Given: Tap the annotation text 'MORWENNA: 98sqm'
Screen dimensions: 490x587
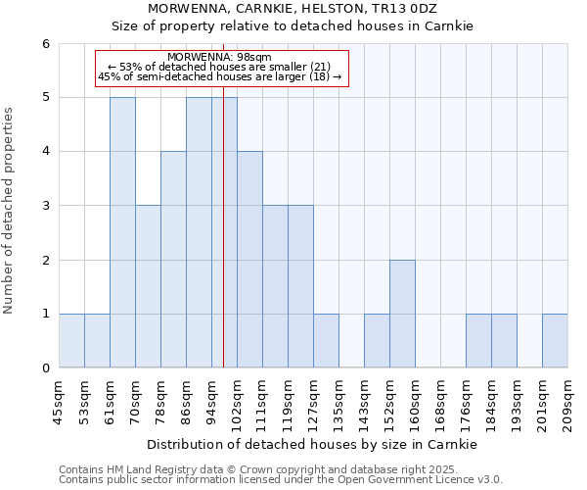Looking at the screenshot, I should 220,58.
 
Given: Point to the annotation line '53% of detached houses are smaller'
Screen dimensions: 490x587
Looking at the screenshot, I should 220,67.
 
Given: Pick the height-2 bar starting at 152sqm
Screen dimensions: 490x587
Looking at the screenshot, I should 402,314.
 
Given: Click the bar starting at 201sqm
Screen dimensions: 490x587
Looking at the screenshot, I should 555,341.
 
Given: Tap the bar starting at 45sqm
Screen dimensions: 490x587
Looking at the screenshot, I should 71,341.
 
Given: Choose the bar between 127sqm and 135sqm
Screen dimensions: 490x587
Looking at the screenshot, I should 326,341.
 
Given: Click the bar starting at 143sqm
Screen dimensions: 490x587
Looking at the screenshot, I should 377,341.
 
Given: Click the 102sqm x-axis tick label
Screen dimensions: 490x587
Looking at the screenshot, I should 237,403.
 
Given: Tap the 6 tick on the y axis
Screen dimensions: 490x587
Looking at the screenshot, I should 46,43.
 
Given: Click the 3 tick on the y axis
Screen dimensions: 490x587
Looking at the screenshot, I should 46,206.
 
